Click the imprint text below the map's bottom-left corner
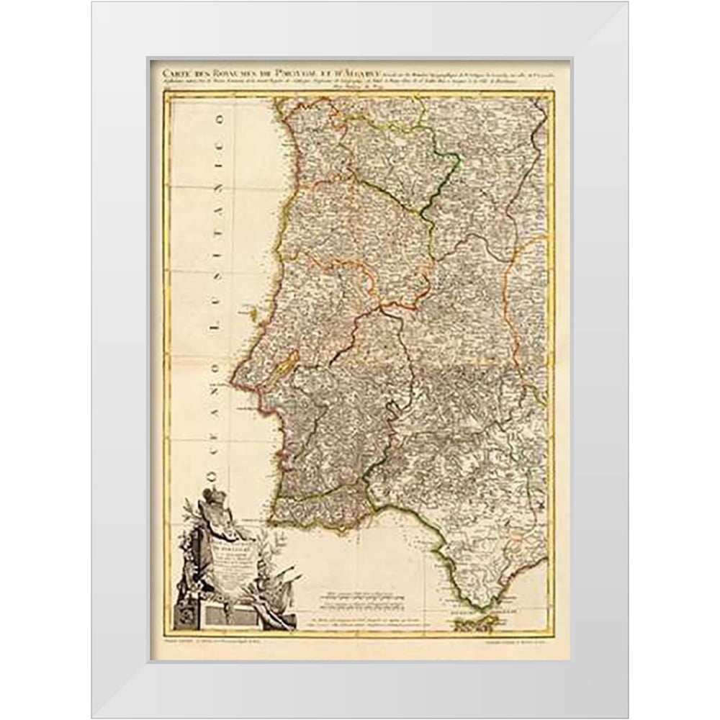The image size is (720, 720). point(216,642)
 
